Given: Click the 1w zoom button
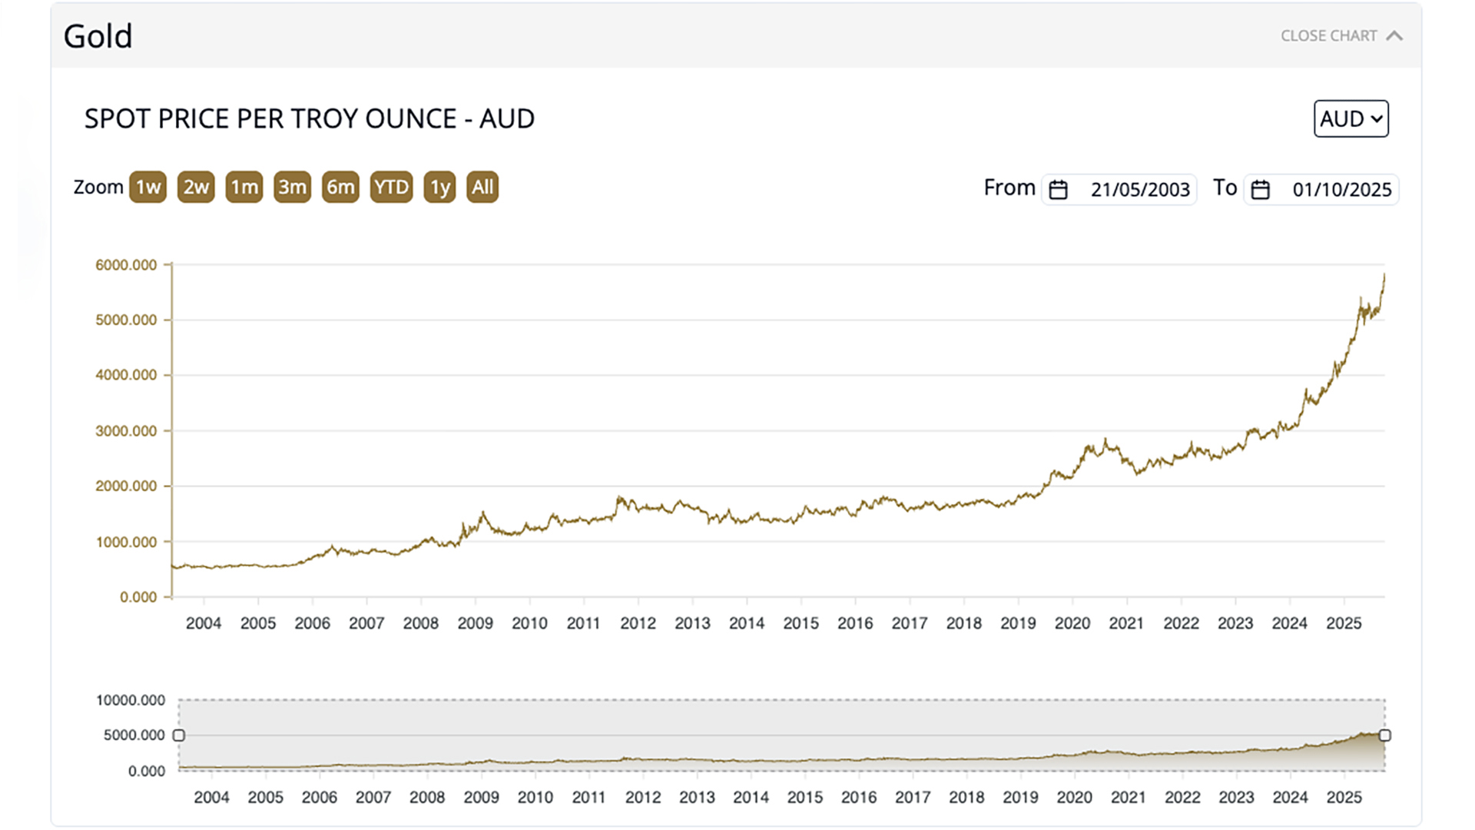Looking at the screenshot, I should (147, 188).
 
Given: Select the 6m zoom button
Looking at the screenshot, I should (340, 188).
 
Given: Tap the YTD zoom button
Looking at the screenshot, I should (391, 188).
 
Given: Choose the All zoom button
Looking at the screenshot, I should (482, 188).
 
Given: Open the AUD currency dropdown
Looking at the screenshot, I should (1351, 119).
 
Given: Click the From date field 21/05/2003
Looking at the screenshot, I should (1139, 190).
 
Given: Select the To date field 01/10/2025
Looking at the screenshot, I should (1341, 190).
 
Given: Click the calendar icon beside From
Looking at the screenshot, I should (1058, 190).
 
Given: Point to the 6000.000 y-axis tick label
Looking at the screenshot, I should (126, 265).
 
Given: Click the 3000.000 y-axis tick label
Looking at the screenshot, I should (126, 431).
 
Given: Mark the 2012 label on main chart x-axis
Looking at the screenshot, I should (638, 623).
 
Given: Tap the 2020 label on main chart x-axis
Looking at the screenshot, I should (1072, 623).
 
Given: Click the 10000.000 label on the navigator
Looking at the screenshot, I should (131, 700).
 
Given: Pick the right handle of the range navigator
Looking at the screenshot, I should (1384, 735).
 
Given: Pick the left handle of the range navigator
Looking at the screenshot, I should (179, 735).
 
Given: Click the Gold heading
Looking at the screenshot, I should (98, 36).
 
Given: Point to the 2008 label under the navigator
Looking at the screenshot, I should (427, 798).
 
